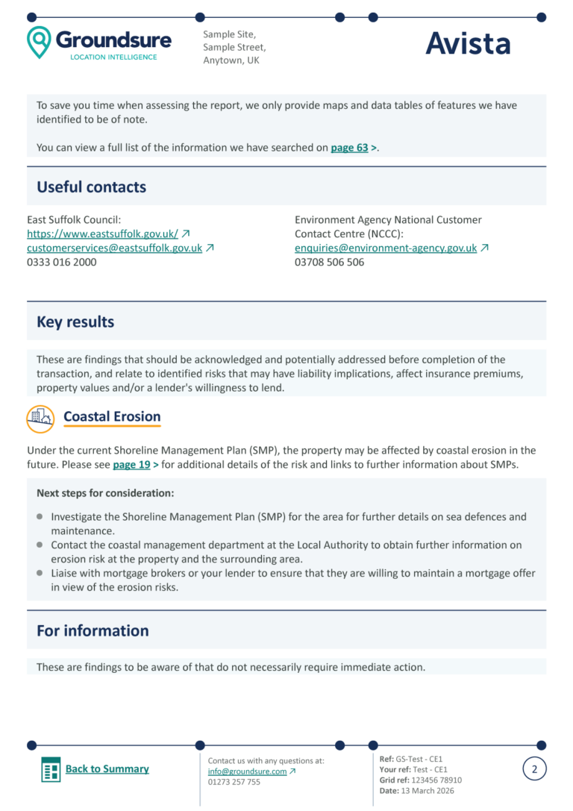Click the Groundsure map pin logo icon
[39, 42]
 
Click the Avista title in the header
[468, 44]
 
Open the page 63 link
[349, 148]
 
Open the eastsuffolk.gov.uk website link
[102, 234]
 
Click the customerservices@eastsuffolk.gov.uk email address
[114, 248]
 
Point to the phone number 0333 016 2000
[62, 262]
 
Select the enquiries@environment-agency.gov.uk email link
[386, 248]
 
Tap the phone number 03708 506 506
[329, 262]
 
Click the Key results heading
[75, 322]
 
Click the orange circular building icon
[40, 419]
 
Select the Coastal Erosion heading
[112, 417]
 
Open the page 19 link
[131, 465]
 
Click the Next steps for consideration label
[105, 493]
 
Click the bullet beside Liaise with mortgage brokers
[40, 573]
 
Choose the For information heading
[93, 631]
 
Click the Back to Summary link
[107, 768]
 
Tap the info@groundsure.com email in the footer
[247, 771]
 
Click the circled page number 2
[534, 768]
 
